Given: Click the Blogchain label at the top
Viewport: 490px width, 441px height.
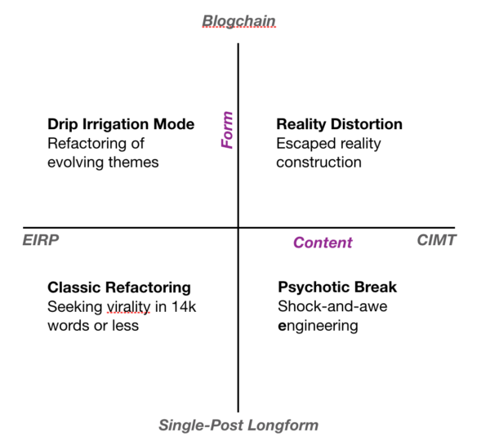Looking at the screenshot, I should (x=239, y=20).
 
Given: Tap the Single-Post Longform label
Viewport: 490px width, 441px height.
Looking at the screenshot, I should (x=238, y=425).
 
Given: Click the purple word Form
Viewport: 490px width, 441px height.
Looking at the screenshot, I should (x=228, y=130).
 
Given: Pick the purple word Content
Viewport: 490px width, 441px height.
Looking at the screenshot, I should (x=323, y=243).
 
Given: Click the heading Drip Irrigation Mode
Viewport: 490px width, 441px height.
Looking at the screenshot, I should (x=121, y=124).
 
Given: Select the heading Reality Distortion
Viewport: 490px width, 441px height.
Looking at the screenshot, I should (x=339, y=124).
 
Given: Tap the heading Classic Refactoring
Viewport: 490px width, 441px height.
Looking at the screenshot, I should (x=119, y=287).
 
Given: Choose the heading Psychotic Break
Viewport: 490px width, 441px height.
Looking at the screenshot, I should (x=337, y=287).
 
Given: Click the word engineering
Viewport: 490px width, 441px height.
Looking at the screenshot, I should (x=318, y=326).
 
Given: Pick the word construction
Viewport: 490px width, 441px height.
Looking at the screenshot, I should (x=318, y=162).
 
